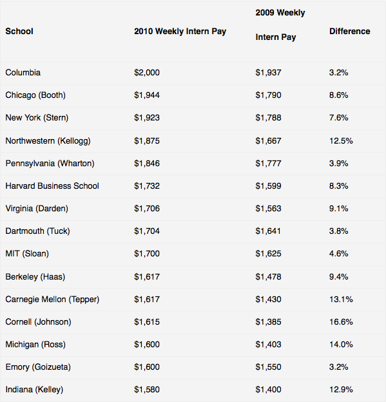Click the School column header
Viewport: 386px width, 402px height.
coord(19,32)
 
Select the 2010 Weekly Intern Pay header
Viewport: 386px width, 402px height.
coord(180,32)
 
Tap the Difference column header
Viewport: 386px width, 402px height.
coord(349,32)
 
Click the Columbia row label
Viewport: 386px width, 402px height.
coord(23,73)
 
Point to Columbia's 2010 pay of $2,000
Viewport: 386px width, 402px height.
coord(147,73)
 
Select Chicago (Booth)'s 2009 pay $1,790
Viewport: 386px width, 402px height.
coord(268,95)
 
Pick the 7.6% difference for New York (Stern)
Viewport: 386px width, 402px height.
coord(338,118)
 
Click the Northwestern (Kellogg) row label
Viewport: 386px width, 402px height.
coord(48,140)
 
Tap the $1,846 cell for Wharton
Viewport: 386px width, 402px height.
coord(147,164)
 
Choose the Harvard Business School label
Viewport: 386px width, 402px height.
coord(52,186)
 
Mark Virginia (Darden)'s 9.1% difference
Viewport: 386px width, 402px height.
coord(338,209)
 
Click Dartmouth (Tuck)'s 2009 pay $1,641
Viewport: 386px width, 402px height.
coord(268,231)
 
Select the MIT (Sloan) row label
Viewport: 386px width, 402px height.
coord(27,254)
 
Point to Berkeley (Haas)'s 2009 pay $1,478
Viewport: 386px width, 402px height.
coord(268,276)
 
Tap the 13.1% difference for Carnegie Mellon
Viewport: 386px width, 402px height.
coord(341,299)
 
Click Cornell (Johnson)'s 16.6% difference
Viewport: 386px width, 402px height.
coord(341,321)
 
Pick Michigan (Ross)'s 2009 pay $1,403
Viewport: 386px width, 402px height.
coord(268,344)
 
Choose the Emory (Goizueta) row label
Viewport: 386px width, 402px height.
coord(38,367)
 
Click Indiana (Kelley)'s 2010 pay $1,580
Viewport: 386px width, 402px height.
coord(147,389)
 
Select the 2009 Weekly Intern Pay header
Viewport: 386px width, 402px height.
coord(280,25)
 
